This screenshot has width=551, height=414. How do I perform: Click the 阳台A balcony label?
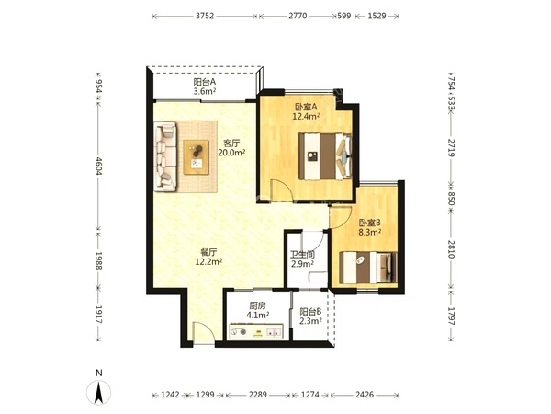click(x=204, y=82)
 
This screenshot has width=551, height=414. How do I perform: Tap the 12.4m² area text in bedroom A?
click(x=306, y=116)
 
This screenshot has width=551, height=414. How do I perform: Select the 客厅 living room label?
click(x=231, y=144)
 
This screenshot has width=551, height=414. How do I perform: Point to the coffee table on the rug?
click(x=196, y=157)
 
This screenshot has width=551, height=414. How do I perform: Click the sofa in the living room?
click(x=165, y=156)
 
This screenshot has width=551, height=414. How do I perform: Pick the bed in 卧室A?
click(x=325, y=156)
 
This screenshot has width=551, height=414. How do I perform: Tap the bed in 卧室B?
click(x=368, y=268)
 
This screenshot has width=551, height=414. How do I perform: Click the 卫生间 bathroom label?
click(x=302, y=254)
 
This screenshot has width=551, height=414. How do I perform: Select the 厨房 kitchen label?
click(x=257, y=306)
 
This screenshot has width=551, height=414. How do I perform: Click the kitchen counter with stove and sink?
click(x=256, y=331)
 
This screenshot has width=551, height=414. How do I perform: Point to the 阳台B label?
click(x=310, y=312)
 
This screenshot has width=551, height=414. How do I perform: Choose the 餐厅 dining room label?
click(x=208, y=252)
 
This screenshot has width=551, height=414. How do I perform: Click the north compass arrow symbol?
click(x=99, y=392)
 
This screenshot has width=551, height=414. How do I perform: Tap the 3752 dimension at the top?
click(x=205, y=16)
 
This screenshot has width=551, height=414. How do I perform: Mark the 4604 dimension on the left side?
click(x=99, y=166)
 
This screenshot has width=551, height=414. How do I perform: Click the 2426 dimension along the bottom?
click(x=365, y=395)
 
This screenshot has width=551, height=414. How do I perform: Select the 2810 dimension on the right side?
click(x=452, y=249)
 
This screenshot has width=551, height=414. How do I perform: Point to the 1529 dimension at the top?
click(x=377, y=16)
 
